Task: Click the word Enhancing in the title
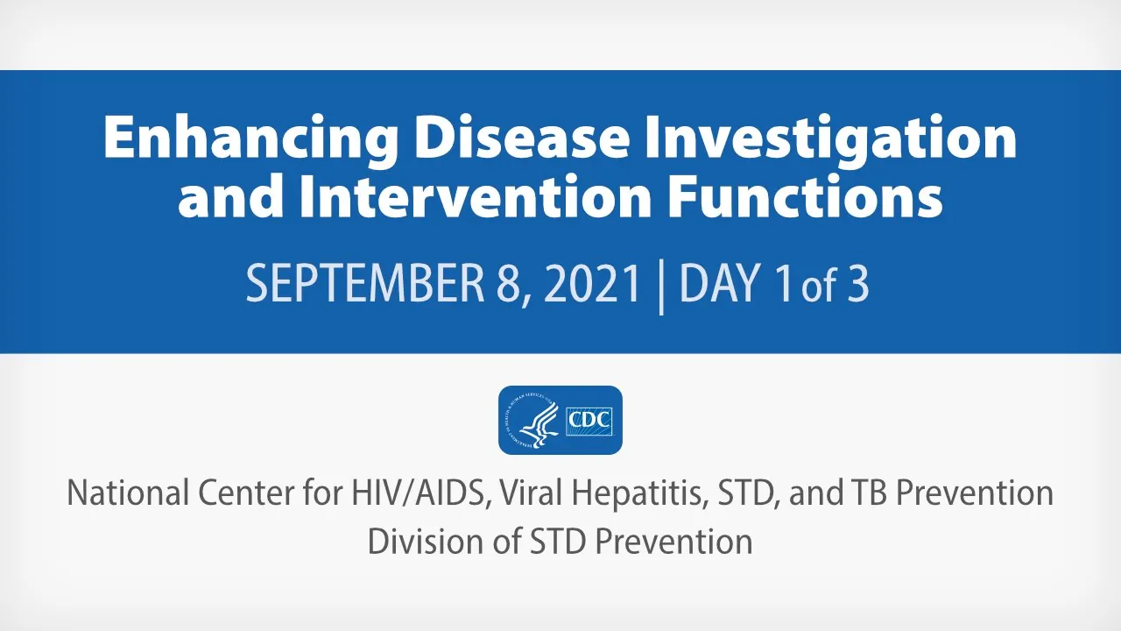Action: pos(250,138)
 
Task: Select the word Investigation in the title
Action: pos(832,138)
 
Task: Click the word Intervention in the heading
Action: pos(476,195)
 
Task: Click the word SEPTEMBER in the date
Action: pos(365,283)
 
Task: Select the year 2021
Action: pos(593,283)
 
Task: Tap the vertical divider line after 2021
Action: pos(661,287)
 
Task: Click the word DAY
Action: pos(721,283)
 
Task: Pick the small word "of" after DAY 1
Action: pos(819,287)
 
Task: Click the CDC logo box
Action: pos(589,422)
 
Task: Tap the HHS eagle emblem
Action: pos(532,421)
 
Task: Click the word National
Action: pos(128,493)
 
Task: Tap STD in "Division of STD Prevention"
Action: pos(560,541)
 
